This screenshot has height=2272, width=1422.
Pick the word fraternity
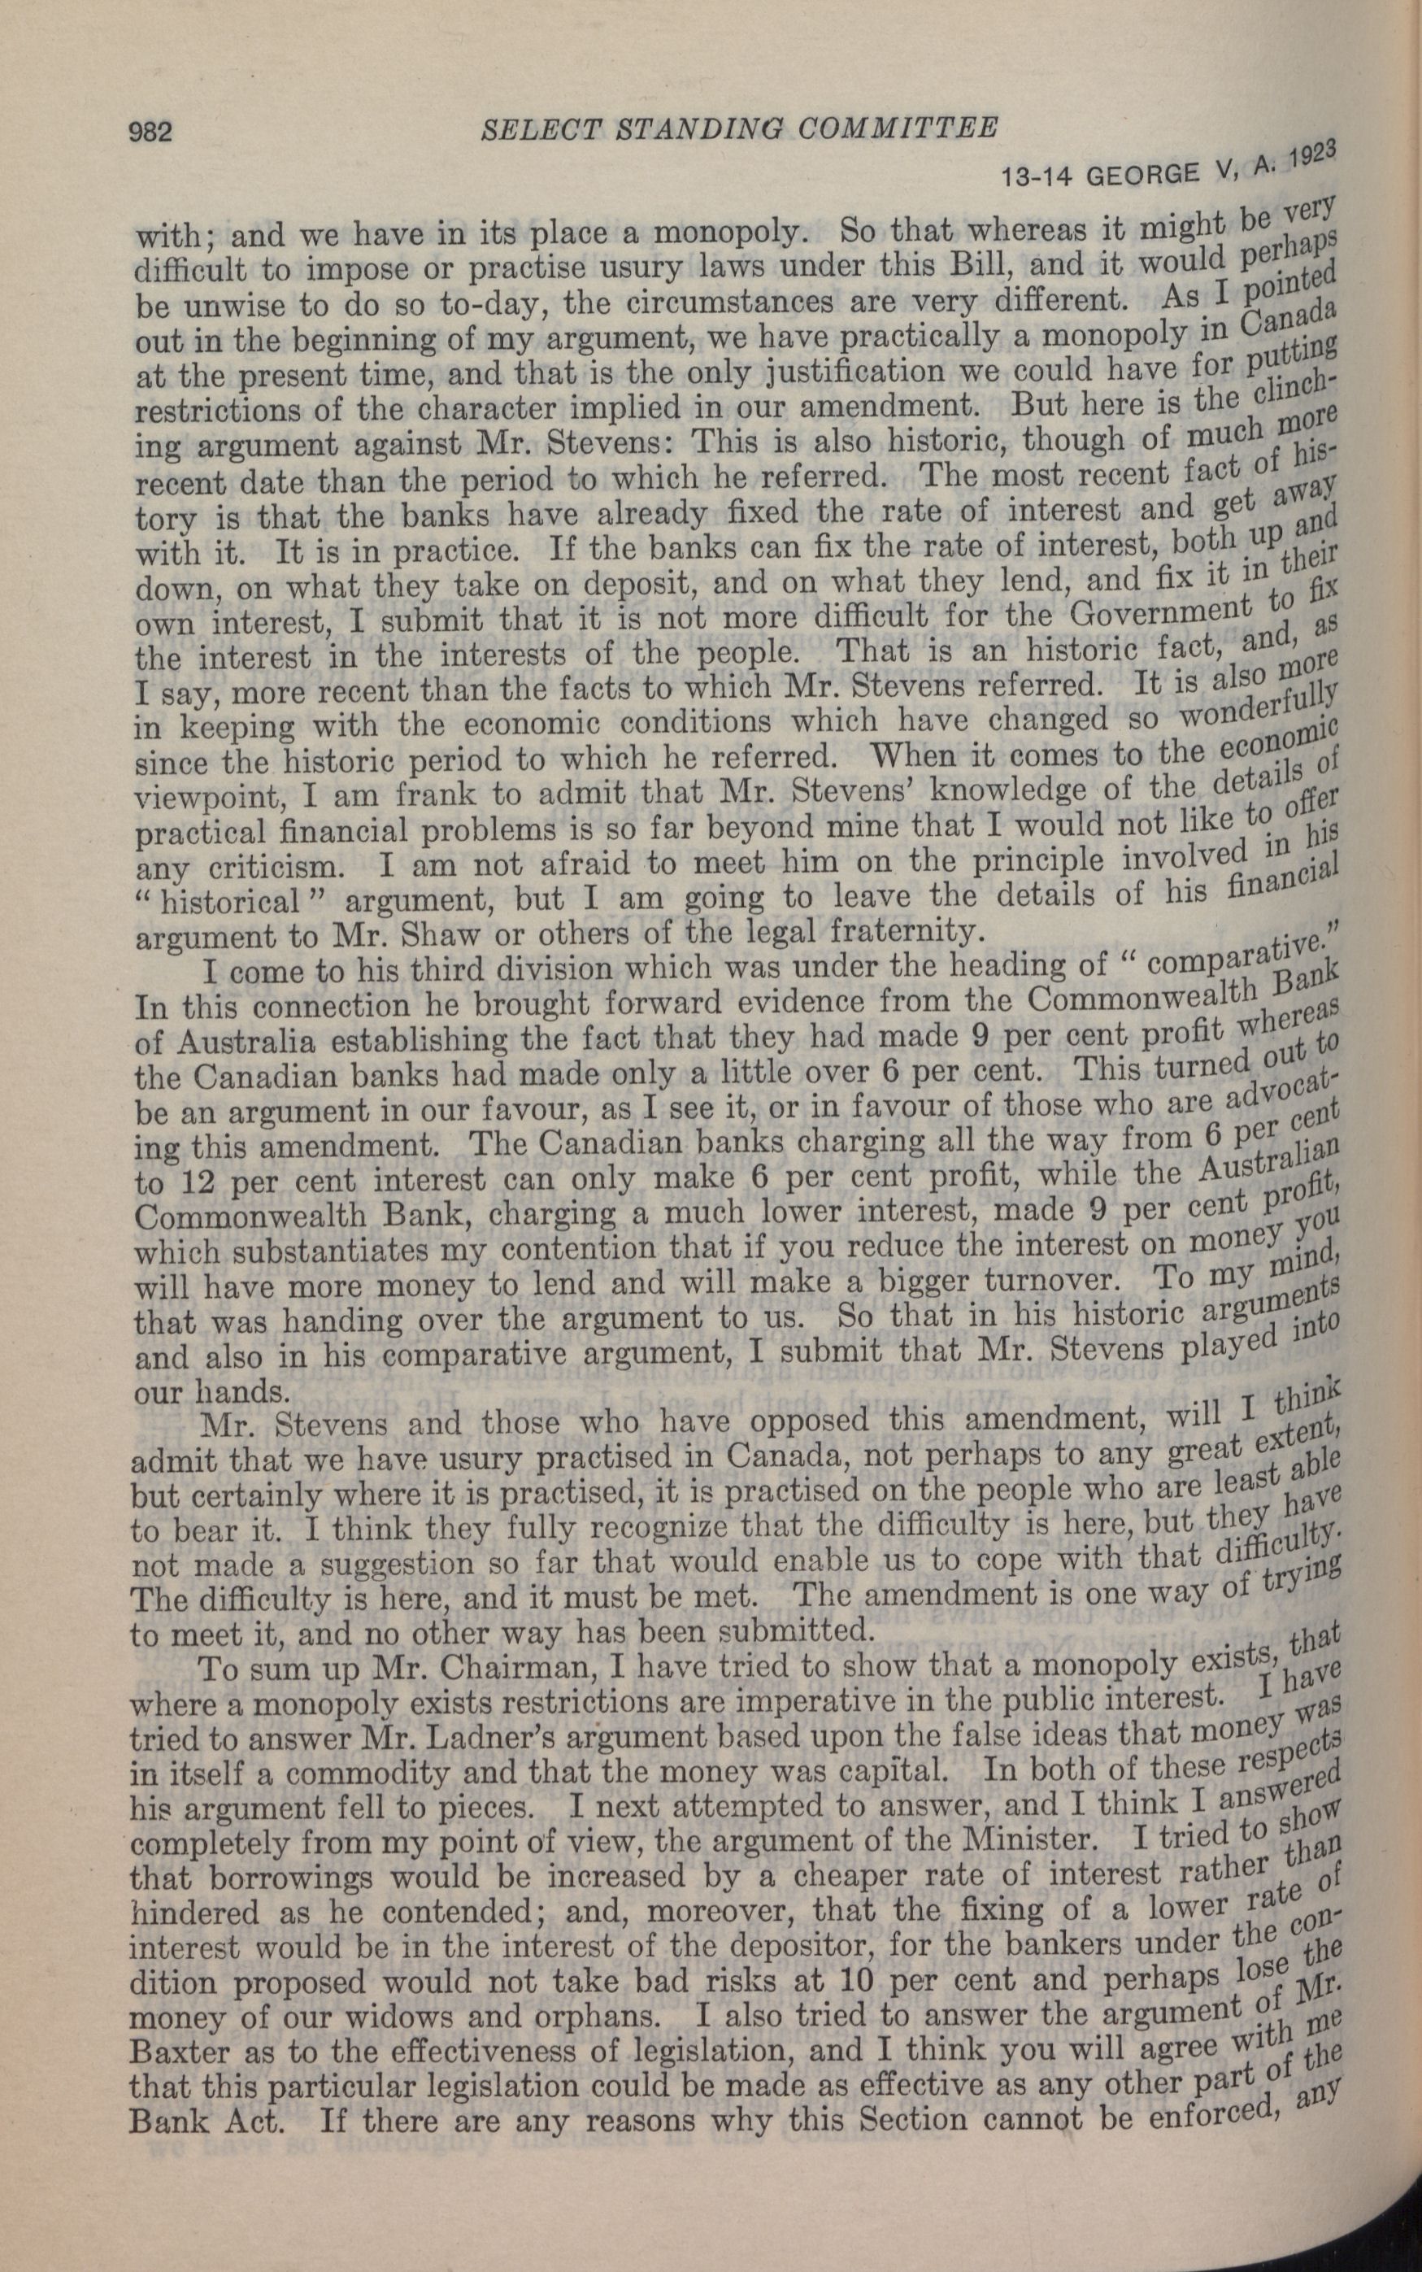(896, 930)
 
